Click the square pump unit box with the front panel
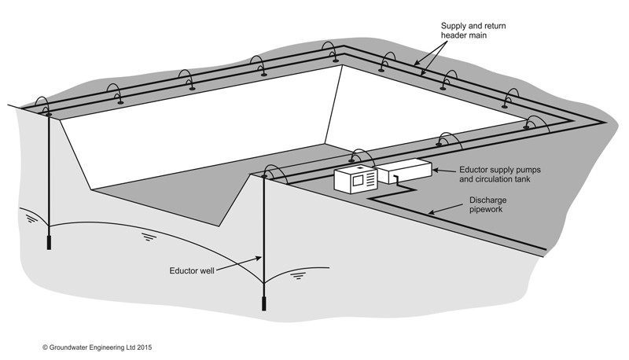tap(355, 179)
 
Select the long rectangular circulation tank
tap(404, 171)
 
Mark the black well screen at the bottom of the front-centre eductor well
tap(263, 302)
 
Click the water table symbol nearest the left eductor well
tap(30, 219)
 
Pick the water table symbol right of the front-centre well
tap(297, 275)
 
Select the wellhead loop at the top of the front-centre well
tap(272, 171)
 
